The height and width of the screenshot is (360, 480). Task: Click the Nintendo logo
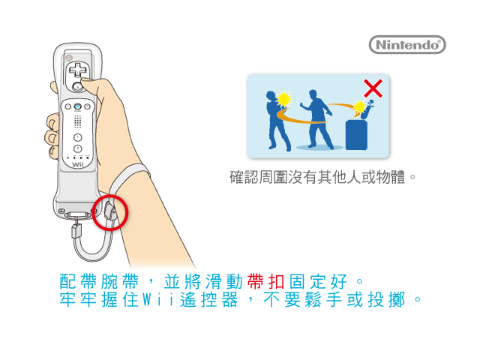coord(407,45)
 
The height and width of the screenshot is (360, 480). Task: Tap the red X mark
coord(373,88)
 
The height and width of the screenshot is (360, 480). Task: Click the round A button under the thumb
coord(77,87)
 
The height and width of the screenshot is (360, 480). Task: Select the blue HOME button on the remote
coord(78,106)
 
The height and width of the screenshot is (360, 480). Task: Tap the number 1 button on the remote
coord(77,137)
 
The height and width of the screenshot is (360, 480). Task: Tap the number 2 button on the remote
coord(77,148)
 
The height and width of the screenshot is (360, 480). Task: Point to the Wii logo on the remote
coord(78,165)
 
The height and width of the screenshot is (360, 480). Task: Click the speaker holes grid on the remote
coord(78,121)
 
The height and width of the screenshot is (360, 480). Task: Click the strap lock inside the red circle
coord(110,211)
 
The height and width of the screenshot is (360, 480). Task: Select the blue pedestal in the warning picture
coord(356,135)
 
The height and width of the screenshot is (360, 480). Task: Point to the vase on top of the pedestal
coord(367,109)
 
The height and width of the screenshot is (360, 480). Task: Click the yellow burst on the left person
coord(283,99)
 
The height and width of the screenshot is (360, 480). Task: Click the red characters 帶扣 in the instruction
coord(265,282)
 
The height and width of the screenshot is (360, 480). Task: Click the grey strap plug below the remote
coord(76,231)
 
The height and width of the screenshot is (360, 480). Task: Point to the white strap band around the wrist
coord(128,177)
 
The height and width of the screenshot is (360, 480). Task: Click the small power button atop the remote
coord(69,57)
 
